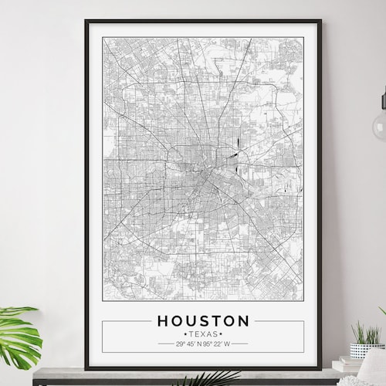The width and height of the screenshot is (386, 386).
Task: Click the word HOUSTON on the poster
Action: pos(203,320)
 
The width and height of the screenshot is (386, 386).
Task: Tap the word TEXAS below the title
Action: pos(203,334)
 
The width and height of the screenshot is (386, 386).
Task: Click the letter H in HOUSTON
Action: pos(163,320)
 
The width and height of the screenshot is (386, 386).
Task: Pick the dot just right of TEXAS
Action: pos(220,334)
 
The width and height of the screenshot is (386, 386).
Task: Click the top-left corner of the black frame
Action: pos(86,22)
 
